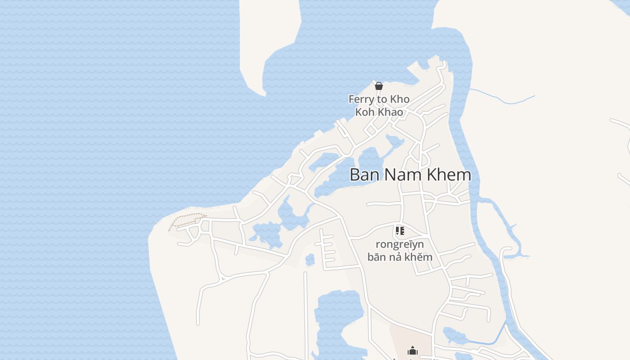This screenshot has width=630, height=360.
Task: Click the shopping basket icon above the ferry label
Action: [x=379, y=86]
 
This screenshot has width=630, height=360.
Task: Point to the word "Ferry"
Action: [x=361, y=99]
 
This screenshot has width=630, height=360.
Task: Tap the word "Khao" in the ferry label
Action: [x=391, y=112]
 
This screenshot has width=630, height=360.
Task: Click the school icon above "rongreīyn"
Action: [x=400, y=231]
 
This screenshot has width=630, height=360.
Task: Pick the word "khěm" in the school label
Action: [x=421, y=257]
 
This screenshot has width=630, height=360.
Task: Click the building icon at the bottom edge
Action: [x=412, y=351]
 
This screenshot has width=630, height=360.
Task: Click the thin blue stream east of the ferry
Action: [x=502, y=99]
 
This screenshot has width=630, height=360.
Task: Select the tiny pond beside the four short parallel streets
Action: [x=310, y=260]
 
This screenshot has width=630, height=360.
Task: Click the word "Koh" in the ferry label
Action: [x=364, y=112]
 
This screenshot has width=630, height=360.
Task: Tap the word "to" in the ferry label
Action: [x=382, y=99]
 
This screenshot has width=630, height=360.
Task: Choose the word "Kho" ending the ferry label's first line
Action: [x=400, y=99]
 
